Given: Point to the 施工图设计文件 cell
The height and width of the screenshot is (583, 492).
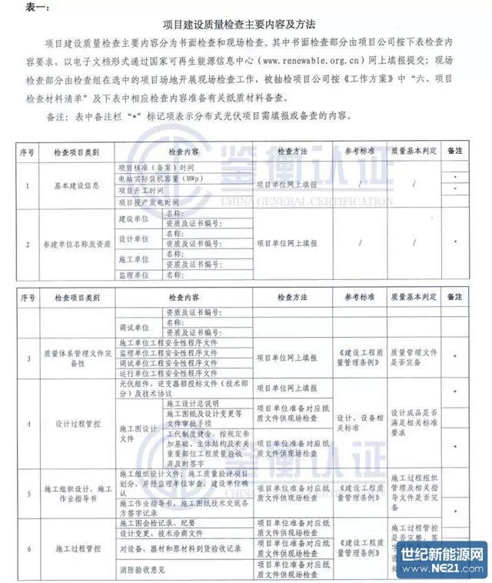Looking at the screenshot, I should click(138, 434).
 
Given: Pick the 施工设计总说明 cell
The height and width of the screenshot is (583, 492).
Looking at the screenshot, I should click(192, 403).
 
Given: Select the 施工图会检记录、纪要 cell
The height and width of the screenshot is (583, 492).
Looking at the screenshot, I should click(161, 523).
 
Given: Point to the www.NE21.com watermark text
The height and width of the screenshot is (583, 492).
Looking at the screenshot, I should click(446, 570).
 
